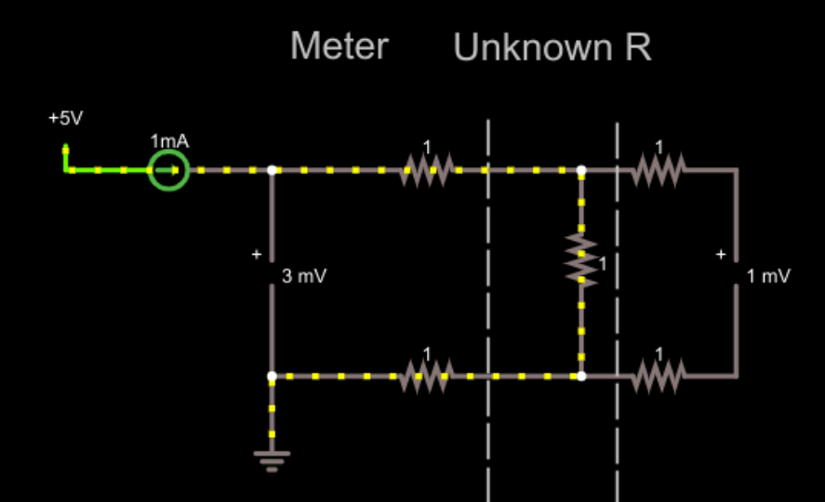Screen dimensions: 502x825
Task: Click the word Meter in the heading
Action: tap(339, 46)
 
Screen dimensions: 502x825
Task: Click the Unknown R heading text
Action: tap(552, 47)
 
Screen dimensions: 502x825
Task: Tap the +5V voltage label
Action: tap(66, 119)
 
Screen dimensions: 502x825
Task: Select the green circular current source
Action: tap(168, 171)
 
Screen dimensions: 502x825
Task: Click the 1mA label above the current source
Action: tap(169, 141)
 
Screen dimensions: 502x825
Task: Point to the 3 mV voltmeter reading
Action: tap(304, 276)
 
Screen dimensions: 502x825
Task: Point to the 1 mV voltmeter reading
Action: tap(768, 276)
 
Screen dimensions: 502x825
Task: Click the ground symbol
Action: tap(272, 458)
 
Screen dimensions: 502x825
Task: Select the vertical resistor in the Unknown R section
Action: tap(581, 260)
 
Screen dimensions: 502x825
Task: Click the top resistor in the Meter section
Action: tap(427, 170)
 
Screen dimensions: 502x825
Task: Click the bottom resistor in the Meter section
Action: tap(427, 376)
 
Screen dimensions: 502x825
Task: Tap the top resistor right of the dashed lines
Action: tap(659, 170)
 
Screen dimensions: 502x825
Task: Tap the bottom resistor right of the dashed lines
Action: tap(659, 376)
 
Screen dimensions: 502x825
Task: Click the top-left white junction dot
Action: tap(272, 171)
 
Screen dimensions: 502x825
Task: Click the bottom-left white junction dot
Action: tap(272, 376)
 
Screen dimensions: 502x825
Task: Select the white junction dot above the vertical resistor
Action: tap(581, 171)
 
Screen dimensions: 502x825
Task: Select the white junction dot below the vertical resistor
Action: tap(581, 376)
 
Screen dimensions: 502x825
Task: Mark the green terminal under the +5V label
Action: tap(66, 149)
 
